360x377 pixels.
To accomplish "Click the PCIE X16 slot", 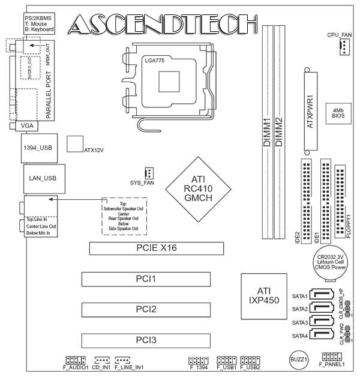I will click(156, 249).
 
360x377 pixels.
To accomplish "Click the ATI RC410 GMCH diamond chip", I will click(198, 188).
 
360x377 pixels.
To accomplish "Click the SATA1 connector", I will click(322, 296).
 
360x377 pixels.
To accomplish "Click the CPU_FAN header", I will click(343, 50).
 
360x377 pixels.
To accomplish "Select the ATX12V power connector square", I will click(74, 144).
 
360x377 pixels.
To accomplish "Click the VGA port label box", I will click(27, 126).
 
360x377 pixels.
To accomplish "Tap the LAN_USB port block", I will click(41, 178).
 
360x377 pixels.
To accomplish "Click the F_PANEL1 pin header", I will click(332, 357).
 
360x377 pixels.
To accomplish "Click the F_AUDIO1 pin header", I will click(76, 360).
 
